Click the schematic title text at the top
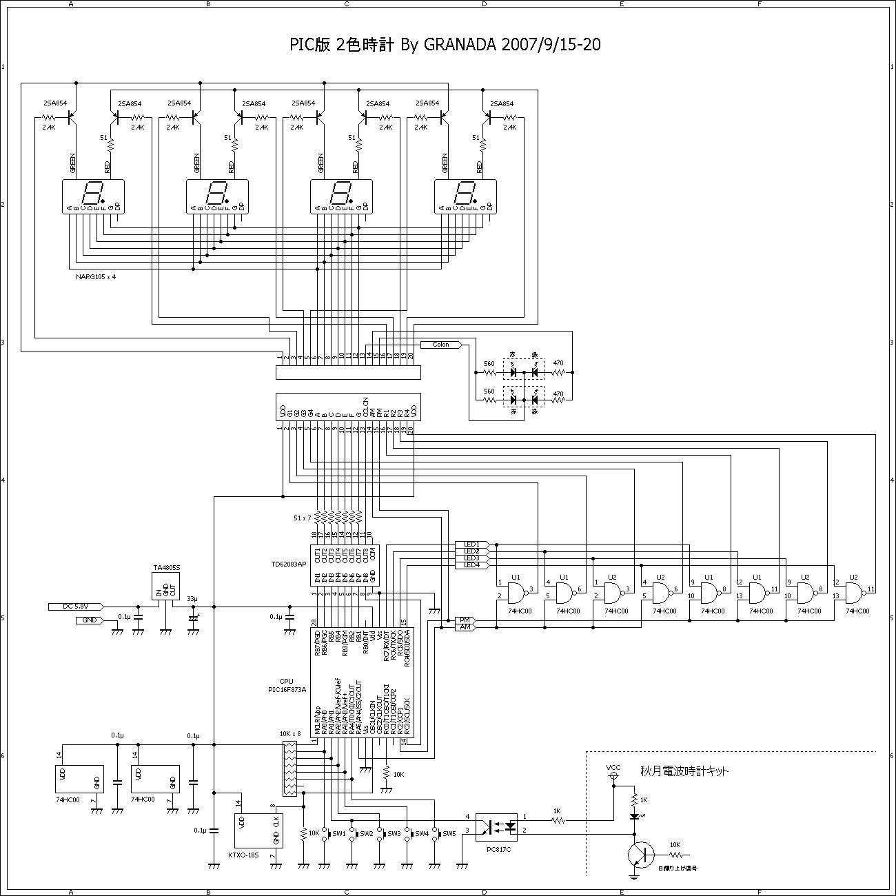pos(445,45)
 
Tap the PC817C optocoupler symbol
pos(498,824)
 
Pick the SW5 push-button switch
pos(436,834)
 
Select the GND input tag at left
pos(90,620)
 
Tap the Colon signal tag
pos(440,345)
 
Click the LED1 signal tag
pos(472,544)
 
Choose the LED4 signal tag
pos(472,565)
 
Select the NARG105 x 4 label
pos(96,276)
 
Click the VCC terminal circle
pos(613,777)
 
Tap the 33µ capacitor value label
pos(192,598)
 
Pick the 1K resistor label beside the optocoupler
pos(557,811)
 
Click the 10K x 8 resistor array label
pos(290,733)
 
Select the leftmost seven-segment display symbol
pos(93,196)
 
